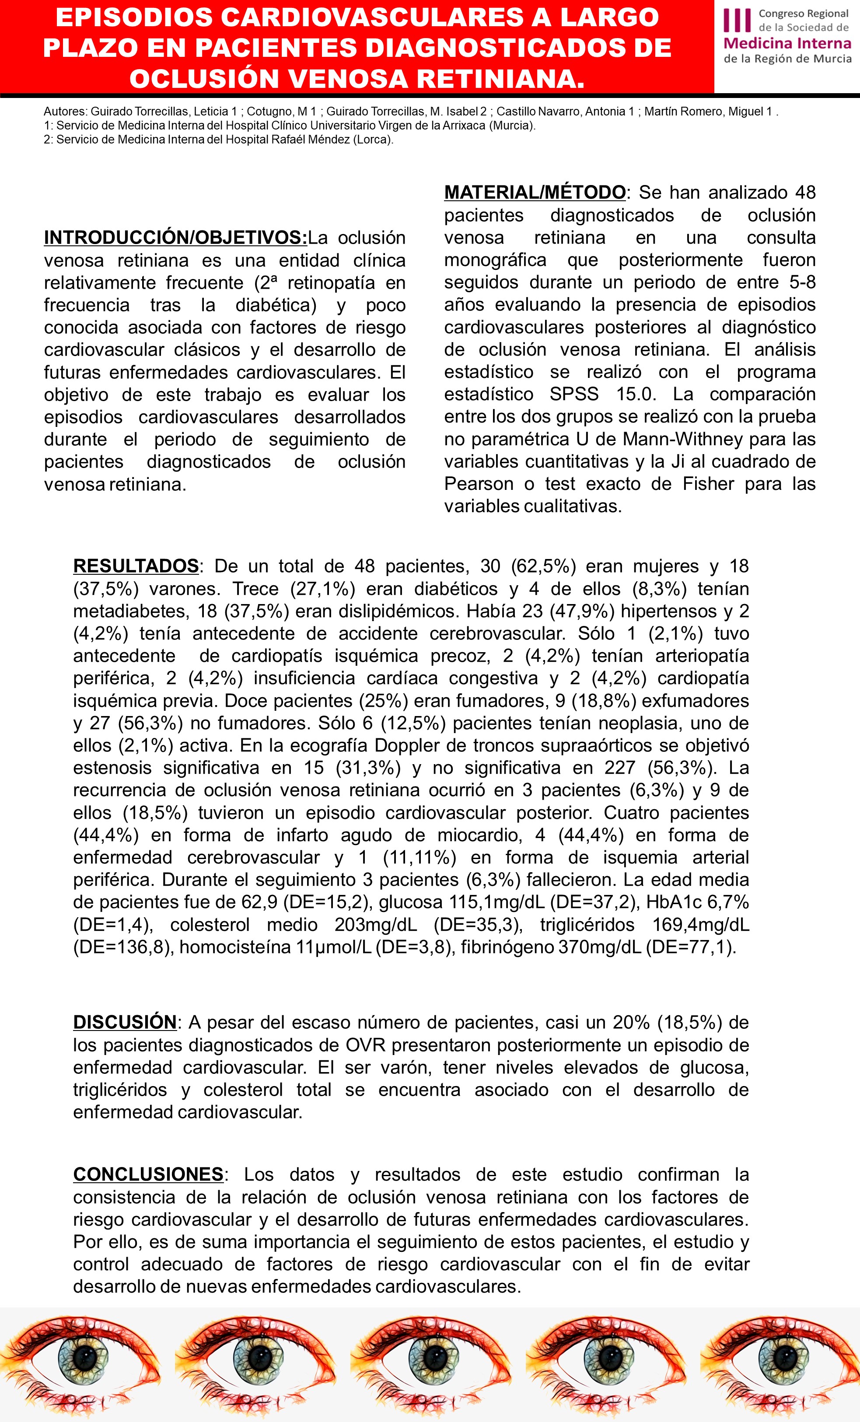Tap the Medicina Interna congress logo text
(787, 43)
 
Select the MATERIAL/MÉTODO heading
(535, 192)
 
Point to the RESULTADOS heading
(136, 566)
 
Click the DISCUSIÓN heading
(125, 1022)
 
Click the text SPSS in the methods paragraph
(574, 394)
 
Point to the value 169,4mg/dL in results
(701, 925)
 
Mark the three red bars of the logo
(738, 21)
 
